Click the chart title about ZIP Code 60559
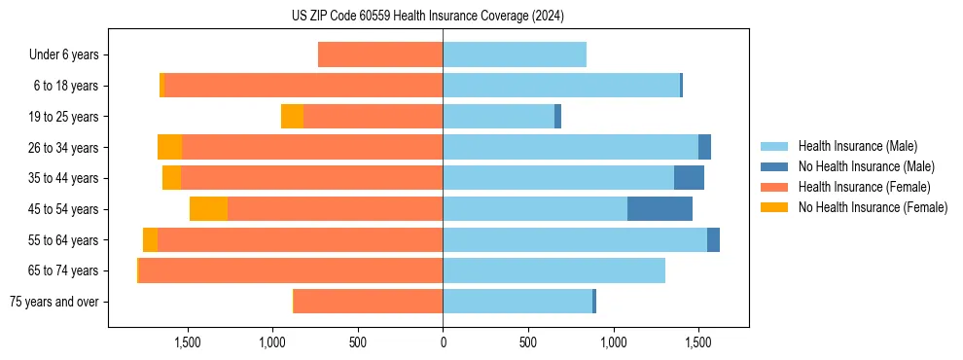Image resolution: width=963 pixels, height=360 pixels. point(427,17)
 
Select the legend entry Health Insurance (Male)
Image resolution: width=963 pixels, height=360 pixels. point(857,146)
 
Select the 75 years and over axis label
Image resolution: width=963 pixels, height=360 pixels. point(53,302)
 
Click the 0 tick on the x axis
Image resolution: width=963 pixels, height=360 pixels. point(443,342)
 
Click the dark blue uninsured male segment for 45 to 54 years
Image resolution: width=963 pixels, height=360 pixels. point(660,209)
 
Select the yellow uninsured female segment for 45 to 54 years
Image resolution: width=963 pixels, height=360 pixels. point(208,209)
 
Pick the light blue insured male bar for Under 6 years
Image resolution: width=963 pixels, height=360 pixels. point(515,55)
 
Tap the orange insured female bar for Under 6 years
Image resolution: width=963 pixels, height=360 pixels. point(380,55)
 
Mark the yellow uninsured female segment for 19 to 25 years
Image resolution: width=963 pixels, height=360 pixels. point(292,117)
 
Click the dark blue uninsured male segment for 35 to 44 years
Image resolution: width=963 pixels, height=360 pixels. point(689,178)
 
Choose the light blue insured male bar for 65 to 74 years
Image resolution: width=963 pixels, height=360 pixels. point(553,270)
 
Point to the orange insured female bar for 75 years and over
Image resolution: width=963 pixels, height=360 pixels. point(368,302)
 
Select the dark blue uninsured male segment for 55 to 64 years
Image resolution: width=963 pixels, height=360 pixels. point(713,240)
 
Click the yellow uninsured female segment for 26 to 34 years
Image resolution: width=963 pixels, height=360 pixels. point(169,148)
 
